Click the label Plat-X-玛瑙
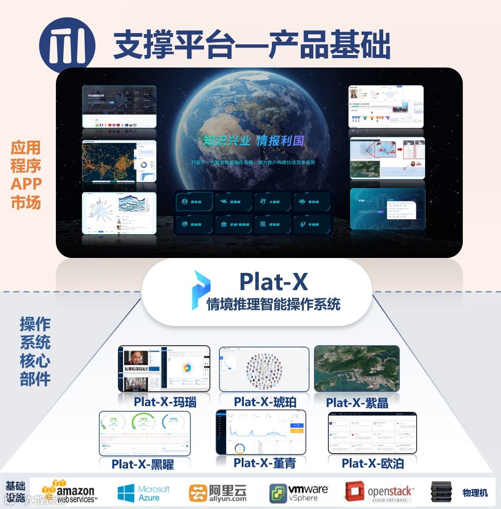[165, 402]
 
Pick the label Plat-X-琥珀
[265, 402]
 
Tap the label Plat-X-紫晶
[357, 402]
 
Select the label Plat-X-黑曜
[142, 464]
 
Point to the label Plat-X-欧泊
[372, 463]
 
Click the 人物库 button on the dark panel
[273, 202]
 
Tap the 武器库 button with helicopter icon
[234, 202]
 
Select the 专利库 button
[312, 224]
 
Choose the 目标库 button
[195, 224]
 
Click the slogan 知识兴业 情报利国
[253, 140]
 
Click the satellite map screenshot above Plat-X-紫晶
[357, 368]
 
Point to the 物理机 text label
[475, 493]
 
